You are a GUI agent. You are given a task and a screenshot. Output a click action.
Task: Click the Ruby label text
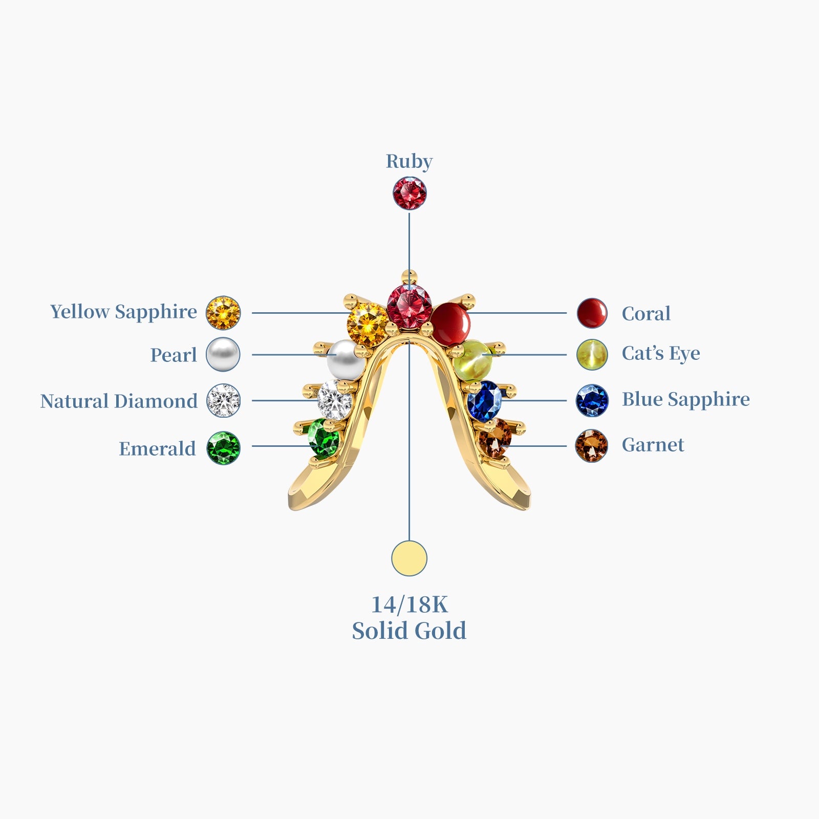[x=409, y=161]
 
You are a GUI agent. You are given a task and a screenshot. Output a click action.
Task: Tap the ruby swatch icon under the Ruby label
[x=409, y=193]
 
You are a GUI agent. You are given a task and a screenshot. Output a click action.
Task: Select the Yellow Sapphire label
[x=123, y=312]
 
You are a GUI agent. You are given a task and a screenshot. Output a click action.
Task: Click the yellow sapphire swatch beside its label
[x=223, y=313]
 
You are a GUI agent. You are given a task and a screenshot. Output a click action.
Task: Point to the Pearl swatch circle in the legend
[x=223, y=354]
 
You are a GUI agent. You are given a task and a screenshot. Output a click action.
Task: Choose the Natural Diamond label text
[x=119, y=401]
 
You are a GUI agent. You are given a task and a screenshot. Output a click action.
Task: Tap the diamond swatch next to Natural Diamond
[x=223, y=400]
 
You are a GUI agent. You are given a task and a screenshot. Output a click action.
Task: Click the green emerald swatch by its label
[x=223, y=448]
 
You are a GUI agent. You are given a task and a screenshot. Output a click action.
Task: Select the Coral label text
[x=646, y=313]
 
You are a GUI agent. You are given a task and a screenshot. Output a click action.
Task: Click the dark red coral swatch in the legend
[x=592, y=313]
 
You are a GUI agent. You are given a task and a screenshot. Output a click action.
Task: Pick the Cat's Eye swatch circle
[x=592, y=354]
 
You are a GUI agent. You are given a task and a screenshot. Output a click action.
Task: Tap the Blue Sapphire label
[x=685, y=399]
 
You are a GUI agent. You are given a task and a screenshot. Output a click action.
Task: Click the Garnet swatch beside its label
[x=592, y=446]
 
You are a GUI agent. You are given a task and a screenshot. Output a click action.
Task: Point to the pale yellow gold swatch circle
[x=409, y=558]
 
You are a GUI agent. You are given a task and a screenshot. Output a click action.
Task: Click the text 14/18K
[x=409, y=605]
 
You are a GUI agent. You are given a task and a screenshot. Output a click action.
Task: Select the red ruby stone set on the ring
[x=409, y=306]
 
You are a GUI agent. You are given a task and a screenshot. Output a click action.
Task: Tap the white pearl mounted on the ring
[x=346, y=360]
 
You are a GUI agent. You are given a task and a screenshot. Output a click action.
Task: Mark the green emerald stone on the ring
[x=325, y=438]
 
